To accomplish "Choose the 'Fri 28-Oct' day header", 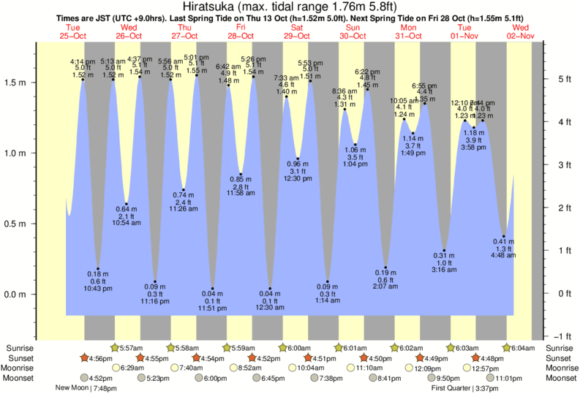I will click(241, 31).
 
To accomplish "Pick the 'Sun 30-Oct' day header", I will click(353, 31).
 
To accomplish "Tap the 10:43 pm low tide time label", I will click(98, 289).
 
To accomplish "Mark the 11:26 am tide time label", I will click(184, 209).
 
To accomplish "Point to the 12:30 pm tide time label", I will click(298, 180).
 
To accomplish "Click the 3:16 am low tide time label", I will click(443, 270).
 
